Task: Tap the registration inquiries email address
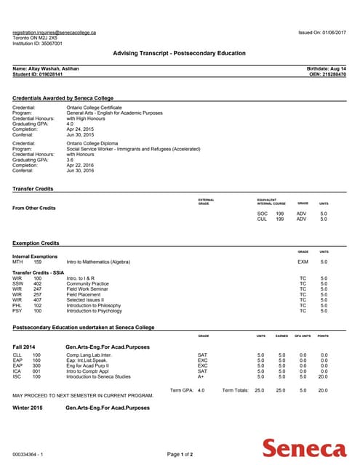(x=55, y=33)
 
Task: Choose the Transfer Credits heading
(x=33, y=188)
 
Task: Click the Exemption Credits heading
(x=36, y=242)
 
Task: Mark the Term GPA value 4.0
(x=201, y=390)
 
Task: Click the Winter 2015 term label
(x=28, y=408)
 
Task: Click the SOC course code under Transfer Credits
(x=263, y=213)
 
